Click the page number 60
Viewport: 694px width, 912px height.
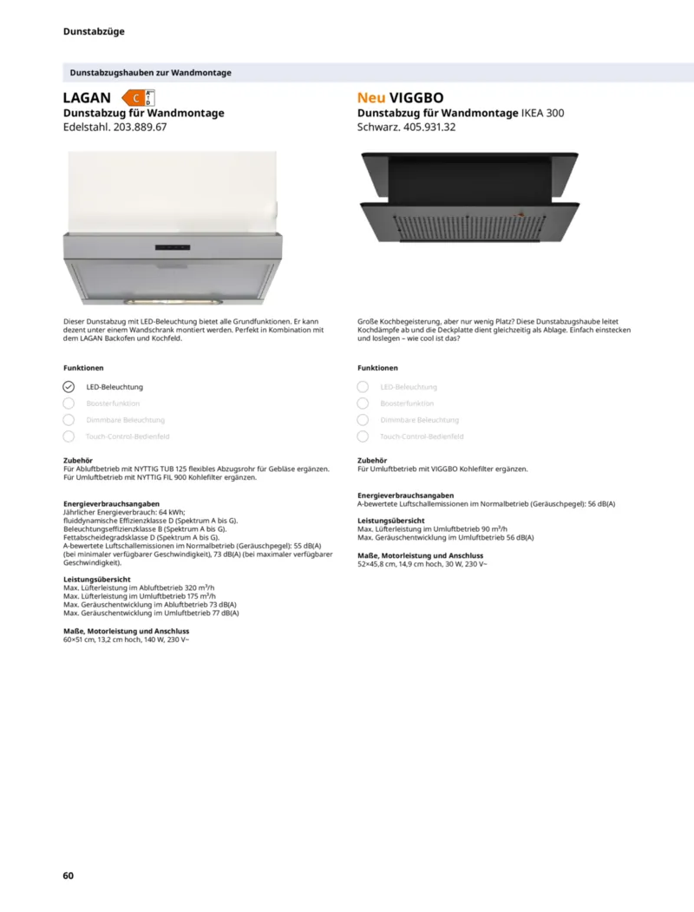pyautogui.click(x=69, y=875)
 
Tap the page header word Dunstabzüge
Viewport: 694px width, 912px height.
pyautogui.click(x=94, y=31)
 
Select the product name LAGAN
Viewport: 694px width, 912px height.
pyautogui.click(x=87, y=98)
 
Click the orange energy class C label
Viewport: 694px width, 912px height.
pyautogui.click(x=136, y=98)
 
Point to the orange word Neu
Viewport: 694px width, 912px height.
pyautogui.click(x=371, y=98)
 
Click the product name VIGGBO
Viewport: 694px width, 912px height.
pyautogui.click(x=416, y=98)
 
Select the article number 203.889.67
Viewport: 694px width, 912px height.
pyautogui.click(x=136, y=127)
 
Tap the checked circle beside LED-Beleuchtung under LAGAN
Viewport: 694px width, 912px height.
pyautogui.click(x=69, y=387)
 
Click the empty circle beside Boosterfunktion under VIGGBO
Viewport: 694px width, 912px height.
pyautogui.click(x=363, y=404)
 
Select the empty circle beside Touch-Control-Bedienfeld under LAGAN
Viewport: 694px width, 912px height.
pyautogui.click(x=69, y=436)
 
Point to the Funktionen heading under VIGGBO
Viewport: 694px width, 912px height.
pyautogui.click(x=378, y=368)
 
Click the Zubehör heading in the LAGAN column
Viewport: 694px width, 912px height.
pyautogui.click(x=78, y=461)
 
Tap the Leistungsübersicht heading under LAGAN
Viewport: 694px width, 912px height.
pyautogui.click(x=97, y=579)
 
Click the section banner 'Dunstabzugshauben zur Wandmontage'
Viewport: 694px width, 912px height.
pyautogui.click(x=150, y=73)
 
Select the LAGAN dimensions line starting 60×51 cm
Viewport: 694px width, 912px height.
pyautogui.click(x=127, y=640)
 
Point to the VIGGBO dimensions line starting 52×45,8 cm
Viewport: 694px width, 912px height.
pyautogui.click(x=422, y=564)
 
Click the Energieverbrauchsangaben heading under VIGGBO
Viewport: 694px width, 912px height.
pyautogui.click(x=405, y=495)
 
